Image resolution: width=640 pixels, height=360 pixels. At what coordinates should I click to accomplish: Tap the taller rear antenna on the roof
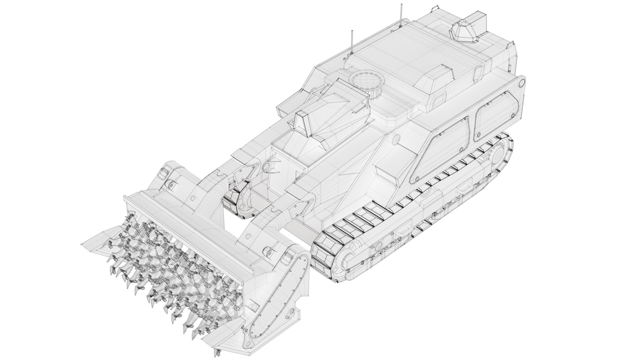pos(400,15)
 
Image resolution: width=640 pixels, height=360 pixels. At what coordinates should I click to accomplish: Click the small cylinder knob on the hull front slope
pos(395,139)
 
